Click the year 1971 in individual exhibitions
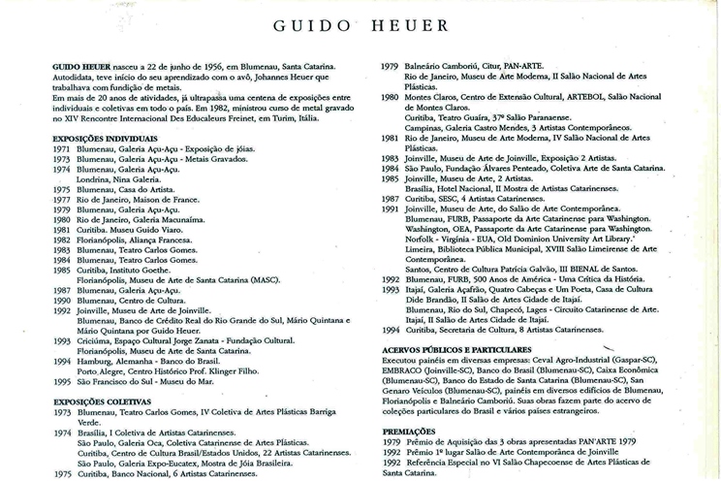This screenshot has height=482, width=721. [x=61, y=150]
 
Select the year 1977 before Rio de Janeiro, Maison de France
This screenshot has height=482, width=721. [x=61, y=199]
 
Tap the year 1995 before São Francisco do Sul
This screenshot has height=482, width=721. [x=61, y=381]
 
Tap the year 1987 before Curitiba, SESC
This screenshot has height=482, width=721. [x=390, y=198]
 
